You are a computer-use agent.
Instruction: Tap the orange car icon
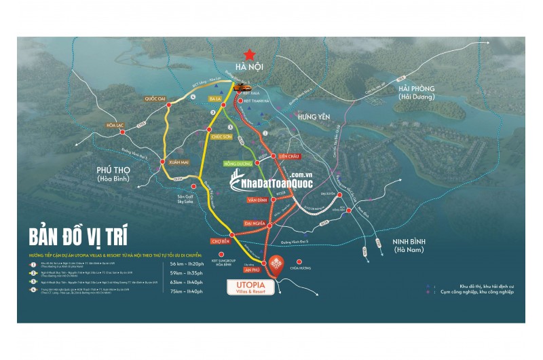(x=242, y=88)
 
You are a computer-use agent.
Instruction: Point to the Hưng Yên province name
(x=314, y=118)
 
